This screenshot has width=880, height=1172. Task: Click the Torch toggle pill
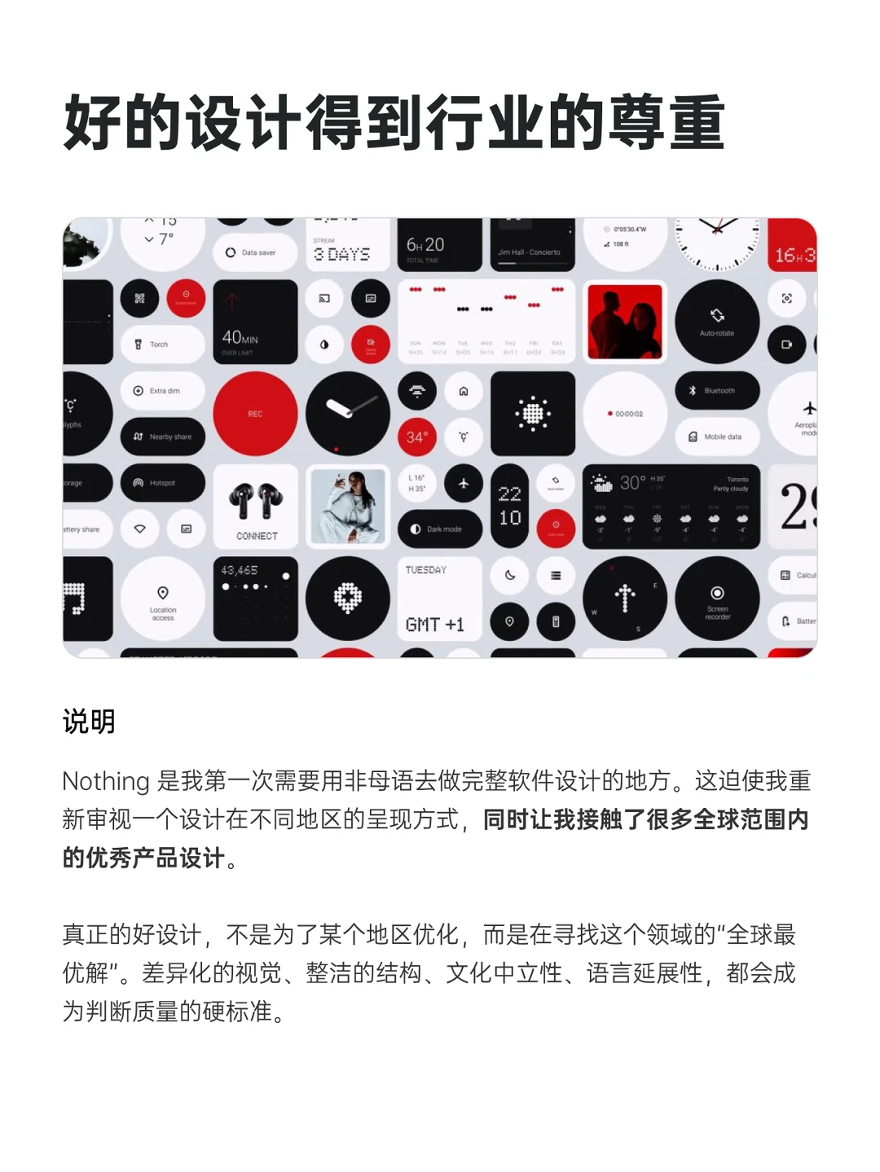(x=162, y=345)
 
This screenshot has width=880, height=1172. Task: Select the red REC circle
(x=255, y=414)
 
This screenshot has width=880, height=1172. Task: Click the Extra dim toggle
(x=162, y=391)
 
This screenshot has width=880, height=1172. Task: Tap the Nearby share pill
(x=162, y=437)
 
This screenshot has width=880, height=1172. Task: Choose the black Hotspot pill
(x=162, y=483)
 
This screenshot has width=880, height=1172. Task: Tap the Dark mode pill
(x=440, y=529)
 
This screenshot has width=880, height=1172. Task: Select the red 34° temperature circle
(x=416, y=437)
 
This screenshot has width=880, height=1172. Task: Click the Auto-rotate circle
(x=717, y=322)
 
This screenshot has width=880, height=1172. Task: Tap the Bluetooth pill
(x=717, y=391)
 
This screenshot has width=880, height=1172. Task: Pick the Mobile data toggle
(x=717, y=437)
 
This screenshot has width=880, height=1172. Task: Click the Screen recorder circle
(x=717, y=599)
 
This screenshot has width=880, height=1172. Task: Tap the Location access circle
(x=163, y=599)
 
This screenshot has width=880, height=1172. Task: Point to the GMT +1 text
(x=434, y=625)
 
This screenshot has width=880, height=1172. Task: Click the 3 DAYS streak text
(x=342, y=254)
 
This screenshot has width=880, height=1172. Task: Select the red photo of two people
(x=625, y=322)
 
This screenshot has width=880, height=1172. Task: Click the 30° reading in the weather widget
(x=632, y=482)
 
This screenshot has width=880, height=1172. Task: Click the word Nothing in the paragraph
(x=106, y=781)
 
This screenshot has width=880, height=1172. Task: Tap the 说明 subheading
(x=89, y=721)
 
